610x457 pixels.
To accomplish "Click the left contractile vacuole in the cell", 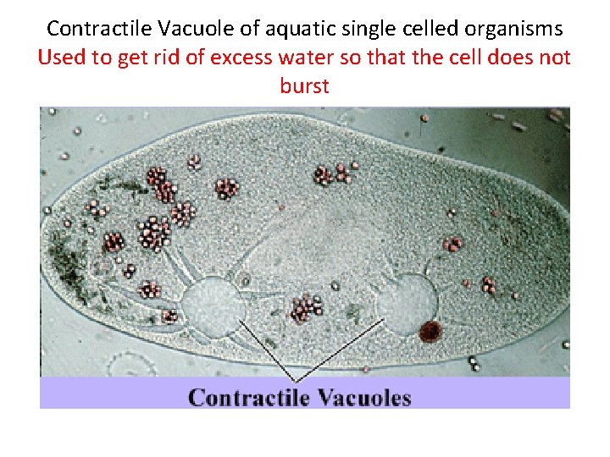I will pos(212,306).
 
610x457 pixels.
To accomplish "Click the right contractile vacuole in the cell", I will pos(407,299).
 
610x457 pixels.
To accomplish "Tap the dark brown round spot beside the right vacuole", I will pos(430,331).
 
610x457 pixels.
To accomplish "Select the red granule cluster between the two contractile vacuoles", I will pos(305,308).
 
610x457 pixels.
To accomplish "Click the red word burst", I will pos(304,86).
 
